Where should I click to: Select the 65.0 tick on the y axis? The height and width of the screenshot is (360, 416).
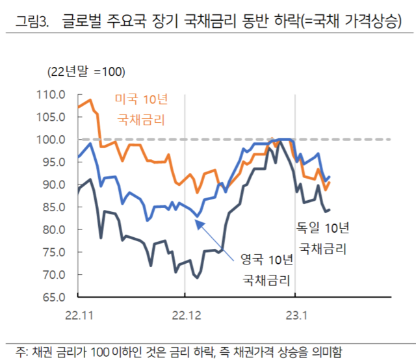click(x=55, y=297)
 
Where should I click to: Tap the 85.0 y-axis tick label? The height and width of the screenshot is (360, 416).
click(x=55, y=207)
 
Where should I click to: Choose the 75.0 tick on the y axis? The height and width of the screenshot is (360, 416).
click(x=55, y=252)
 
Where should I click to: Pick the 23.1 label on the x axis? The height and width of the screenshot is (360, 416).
click(x=296, y=315)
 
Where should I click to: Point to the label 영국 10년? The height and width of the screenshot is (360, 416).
click(x=266, y=260)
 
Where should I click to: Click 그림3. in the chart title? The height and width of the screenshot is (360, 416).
click(x=32, y=24)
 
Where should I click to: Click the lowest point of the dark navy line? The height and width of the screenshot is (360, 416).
click(x=196, y=277)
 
